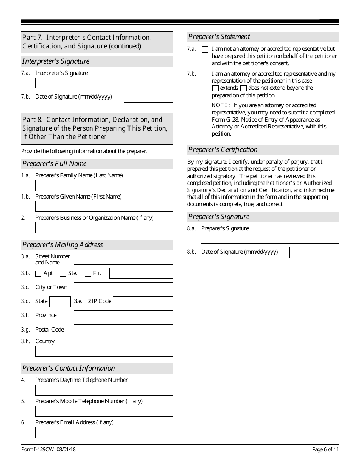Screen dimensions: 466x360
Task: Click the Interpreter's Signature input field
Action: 104,83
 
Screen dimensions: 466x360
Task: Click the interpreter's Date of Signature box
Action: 148,97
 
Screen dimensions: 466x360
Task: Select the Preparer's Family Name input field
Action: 104,185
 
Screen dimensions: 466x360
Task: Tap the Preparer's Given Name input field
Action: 104,206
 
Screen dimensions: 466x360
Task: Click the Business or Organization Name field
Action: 104,228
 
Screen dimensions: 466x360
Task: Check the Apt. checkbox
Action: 38,274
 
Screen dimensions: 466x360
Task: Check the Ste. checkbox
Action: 63,274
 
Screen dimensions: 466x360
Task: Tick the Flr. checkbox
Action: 88,274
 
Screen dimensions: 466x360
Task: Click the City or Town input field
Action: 123,288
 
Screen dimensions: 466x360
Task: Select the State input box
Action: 60,302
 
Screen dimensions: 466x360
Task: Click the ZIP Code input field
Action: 143,302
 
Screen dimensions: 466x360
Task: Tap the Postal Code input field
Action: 123,330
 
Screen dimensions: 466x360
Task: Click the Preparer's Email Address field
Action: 104,433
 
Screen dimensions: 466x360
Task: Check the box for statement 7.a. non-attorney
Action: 205,49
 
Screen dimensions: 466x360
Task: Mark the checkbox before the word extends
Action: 215,88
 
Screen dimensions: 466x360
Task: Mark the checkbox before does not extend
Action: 243,88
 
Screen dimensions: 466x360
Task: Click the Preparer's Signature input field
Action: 269,238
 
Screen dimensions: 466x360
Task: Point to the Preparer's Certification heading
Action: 223,150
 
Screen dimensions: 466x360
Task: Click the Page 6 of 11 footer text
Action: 325,450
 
